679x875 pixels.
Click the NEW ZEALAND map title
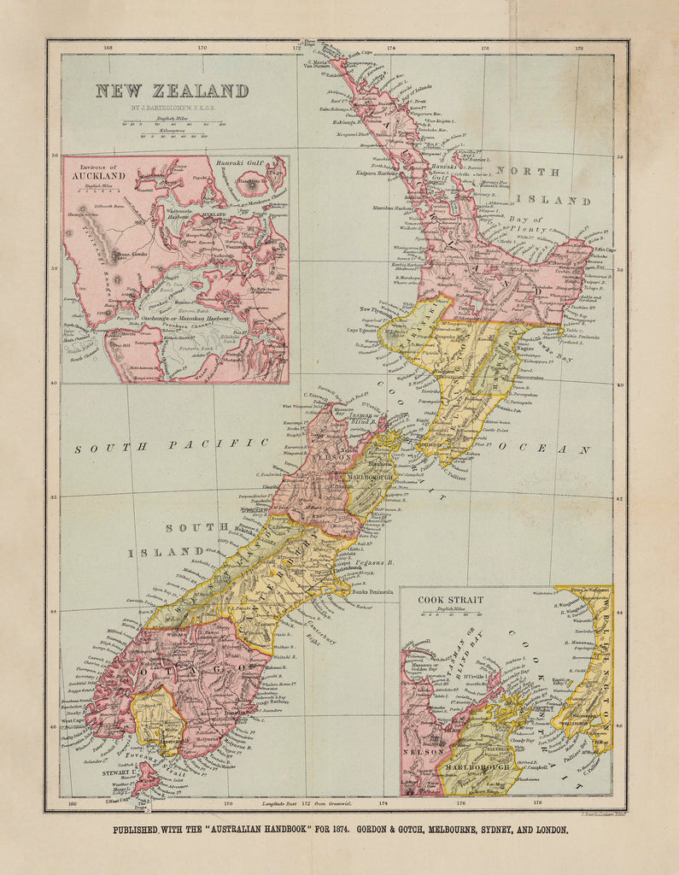point(172,91)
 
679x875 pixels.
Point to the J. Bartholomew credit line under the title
point(172,109)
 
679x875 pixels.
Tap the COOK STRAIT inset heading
point(450,600)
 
